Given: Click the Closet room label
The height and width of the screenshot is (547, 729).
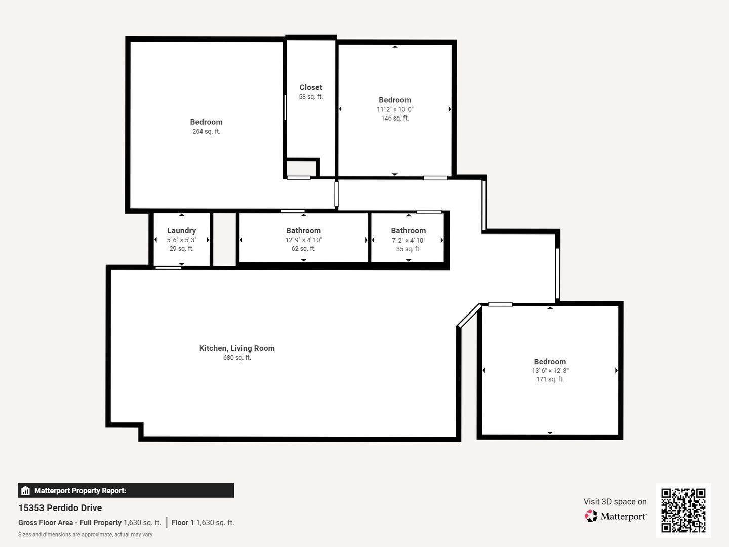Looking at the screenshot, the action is (x=310, y=87).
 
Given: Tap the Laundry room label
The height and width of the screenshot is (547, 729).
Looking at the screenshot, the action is (x=181, y=230).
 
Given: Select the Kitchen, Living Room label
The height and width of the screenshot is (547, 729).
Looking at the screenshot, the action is (x=237, y=348).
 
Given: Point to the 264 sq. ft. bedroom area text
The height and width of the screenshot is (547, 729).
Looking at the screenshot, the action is (x=206, y=131).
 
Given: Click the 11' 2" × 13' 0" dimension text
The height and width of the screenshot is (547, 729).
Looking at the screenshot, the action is (x=395, y=109).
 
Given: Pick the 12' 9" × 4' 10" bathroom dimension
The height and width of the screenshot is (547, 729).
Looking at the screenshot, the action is (x=303, y=240).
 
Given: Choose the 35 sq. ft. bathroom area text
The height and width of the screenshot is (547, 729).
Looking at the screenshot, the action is (x=408, y=249).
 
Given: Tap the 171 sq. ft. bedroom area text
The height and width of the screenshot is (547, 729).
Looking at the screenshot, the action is (x=550, y=379).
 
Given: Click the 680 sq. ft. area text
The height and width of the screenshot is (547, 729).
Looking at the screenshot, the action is (x=237, y=358).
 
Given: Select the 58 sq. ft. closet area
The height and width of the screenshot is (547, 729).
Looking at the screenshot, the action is (x=310, y=97).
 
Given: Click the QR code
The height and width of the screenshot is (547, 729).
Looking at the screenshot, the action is (x=683, y=510).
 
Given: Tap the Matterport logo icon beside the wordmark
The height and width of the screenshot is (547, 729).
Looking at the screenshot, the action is (x=591, y=516).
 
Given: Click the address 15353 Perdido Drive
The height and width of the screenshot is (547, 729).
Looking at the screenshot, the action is (x=60, y=508).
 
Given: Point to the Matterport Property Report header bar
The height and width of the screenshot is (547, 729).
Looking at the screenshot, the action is (x=126, y=491).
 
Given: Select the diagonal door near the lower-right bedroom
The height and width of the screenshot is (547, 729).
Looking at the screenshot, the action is (x=469, y=316).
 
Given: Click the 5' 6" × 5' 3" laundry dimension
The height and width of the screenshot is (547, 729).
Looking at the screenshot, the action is (x=181, y=240).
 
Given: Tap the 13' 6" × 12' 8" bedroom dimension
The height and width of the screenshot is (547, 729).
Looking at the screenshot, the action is (x=550, y=371).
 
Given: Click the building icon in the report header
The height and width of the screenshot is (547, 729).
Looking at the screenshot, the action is (x=25, y=491).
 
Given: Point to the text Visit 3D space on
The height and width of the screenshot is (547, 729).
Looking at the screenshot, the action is (x=615, y=502).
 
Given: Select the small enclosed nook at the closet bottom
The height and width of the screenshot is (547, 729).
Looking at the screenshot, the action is (x=301, y=168).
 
